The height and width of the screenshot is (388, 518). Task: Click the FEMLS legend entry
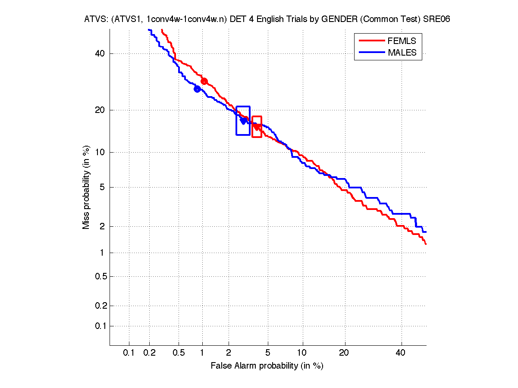(x=402, y=41)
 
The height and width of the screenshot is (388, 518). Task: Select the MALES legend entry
(x=402, y=53)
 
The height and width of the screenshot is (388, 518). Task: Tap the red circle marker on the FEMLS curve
(x=204, y=81)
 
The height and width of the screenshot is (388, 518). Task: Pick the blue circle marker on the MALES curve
(x=197, y=89)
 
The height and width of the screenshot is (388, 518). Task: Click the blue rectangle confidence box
(x=243, y=120)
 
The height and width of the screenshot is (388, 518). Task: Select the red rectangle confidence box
(x=257, y=127)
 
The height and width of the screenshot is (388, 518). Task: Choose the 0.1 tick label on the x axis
(x=129, y=353)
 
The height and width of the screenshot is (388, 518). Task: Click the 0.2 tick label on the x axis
(x=149, y=353)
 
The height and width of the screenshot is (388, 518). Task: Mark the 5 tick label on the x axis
(x=268, y=353)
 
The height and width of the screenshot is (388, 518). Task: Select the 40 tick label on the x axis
(x=401, y=353)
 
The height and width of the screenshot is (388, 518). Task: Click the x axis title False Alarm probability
(x=267, y=366)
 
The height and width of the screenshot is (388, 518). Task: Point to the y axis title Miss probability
(x=86, y=187)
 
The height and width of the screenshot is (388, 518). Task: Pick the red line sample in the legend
(x=371, y=41)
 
